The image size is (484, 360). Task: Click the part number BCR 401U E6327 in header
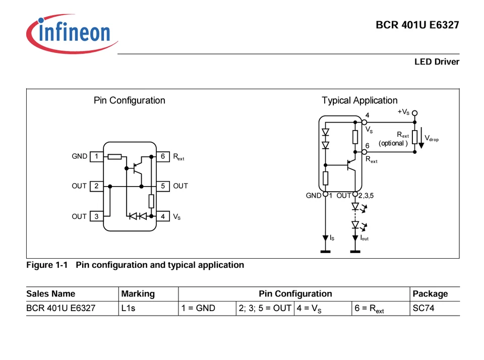pos(417,25)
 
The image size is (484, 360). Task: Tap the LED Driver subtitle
pos(437,62)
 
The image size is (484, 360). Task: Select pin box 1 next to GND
pos(96,156)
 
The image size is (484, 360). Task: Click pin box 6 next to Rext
pos(163,156)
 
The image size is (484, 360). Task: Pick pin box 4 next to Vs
pos(163,216)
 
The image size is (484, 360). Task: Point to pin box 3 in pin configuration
pos(96,216)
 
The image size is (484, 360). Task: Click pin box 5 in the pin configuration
pos(163,186)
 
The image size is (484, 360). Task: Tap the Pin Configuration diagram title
pos(130,100)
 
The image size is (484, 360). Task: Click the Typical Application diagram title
pos(359,100)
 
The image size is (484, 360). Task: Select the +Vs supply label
pos(403,112)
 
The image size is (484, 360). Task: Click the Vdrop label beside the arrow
pos(432,138)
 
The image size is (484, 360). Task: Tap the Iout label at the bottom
pos(364,237)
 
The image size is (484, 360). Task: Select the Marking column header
pos(138,294)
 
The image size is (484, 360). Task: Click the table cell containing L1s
pos(129,308)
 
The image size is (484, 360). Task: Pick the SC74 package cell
pos(423,308)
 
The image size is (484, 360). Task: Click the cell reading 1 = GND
pos(199,308)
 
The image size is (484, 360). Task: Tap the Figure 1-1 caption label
pos(47,265)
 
